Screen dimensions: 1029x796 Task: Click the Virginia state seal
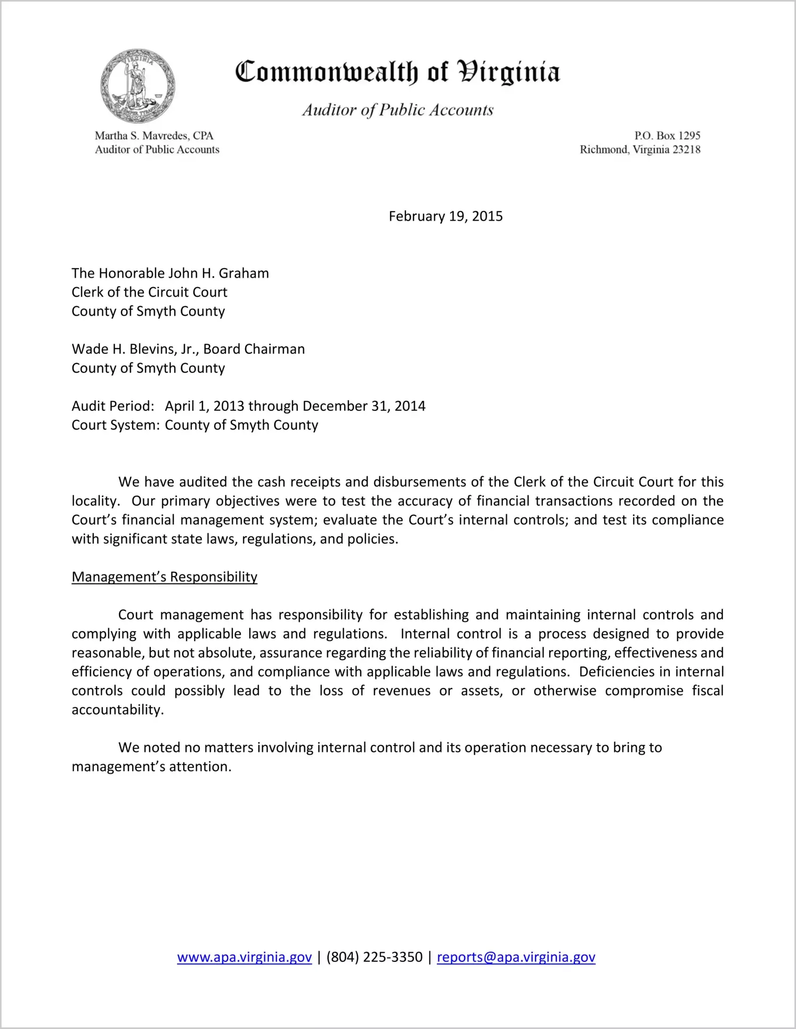coord(137,86)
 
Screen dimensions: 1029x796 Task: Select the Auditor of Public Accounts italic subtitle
coord(397,110)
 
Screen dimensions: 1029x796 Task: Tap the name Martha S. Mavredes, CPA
coord(154,136)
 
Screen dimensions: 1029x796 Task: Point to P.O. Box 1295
coord(667,136)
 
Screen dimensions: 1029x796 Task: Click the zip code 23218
coord(686,150)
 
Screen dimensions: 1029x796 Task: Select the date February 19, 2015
coord(445,216)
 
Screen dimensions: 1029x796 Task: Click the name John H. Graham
coord(218,273)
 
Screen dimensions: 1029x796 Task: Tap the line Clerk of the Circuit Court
coord(149,293)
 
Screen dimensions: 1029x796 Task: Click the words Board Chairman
coord(254,350)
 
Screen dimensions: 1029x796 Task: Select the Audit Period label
coord(112,407)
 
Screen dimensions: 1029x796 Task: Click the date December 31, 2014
coord(364,407)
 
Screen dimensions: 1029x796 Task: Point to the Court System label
coord(115,425)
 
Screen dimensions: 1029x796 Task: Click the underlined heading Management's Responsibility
coord(164,577)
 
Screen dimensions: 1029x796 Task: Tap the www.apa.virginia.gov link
coord(244,958)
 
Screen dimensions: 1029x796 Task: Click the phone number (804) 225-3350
coord(374,958)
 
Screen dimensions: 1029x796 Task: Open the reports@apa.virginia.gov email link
coord(516,958)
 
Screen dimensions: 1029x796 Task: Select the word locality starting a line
coord(94,501)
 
